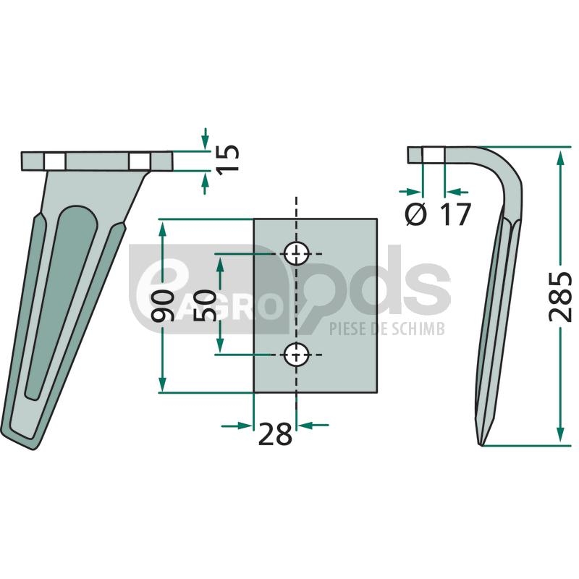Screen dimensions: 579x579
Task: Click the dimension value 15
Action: (227, 160)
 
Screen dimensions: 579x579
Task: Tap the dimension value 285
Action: (560, 297)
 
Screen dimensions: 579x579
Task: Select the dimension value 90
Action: (163, 305)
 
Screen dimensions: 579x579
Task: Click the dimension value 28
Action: (275, 435)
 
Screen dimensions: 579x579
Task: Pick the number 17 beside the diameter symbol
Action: (456, 214)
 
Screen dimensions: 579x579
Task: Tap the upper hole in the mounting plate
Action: (296, 254)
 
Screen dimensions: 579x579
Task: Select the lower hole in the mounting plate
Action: (296, 355)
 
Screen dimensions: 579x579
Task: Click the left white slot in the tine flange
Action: (55, 161)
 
